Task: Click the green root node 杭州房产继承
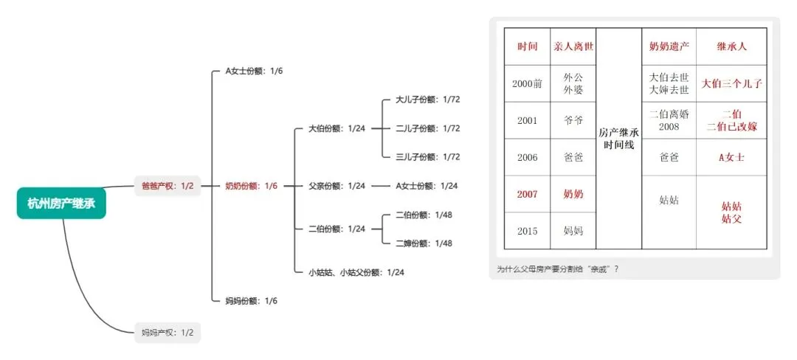62,204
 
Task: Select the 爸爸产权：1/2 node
167,186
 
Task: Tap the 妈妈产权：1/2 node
167,332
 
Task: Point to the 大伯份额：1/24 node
337,128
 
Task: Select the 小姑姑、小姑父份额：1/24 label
357,272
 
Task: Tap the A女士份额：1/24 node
427,186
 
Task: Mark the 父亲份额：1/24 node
337,186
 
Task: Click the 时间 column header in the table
528,46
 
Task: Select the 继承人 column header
731,46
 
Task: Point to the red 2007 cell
528,194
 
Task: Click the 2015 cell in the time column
528,231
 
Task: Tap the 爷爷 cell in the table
573,120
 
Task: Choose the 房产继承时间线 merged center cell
618,139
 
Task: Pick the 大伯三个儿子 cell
731,83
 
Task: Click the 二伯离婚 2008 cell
669,120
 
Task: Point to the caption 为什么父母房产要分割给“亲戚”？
558,269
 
